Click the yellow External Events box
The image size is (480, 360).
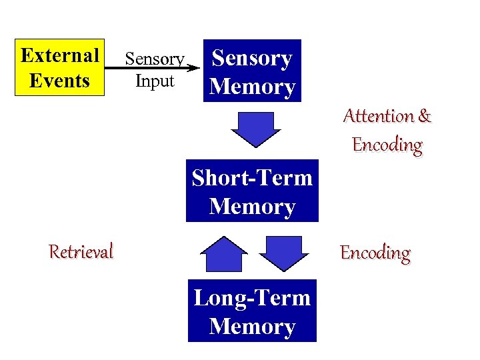coord(60,67)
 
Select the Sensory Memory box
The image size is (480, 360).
coord(252,71)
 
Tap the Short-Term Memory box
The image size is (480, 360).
coord(252,191)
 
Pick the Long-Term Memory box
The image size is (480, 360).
coord(252,311)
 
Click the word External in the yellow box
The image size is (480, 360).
coord(60,55)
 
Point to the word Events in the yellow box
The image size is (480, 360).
coord(60,81)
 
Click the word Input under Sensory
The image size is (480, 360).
coord(154,81)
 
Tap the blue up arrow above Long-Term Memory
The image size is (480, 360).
coord(224,253)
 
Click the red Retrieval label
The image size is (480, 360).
coord(81,251)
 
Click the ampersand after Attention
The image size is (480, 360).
coord(425,116)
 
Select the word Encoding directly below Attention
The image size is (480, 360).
coord(387,145)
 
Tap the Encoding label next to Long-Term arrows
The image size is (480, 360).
coord(375,253)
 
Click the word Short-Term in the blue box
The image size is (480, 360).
coord(252,178)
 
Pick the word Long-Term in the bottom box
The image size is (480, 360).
coord(252,297)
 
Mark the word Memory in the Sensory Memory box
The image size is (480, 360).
coord(252,87)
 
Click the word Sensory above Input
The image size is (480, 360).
coord(154,59)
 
